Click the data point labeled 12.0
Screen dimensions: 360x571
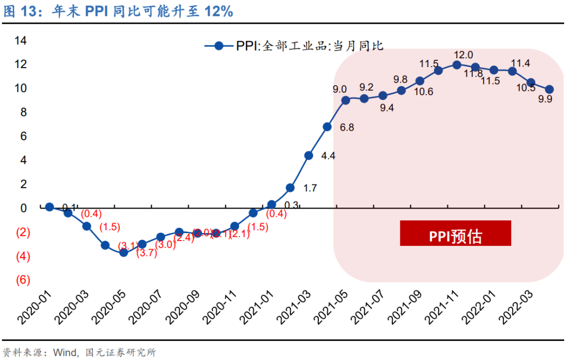click(x=457, y=65)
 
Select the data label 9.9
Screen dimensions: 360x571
click(x=545, y=99)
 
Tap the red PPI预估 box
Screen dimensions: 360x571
click(x=455, y=234)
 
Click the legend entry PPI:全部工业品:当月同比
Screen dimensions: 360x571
click(x=293, y=46)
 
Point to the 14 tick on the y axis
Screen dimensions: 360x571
click(x=20, y=40)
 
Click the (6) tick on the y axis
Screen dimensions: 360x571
click(x=22, y=280)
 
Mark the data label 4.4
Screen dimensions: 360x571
click(x=328, y=156)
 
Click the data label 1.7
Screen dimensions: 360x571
click(x=310, y=188)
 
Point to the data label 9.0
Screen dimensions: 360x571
click(x=339, y=89)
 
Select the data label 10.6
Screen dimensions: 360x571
click(x=423, y=91)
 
